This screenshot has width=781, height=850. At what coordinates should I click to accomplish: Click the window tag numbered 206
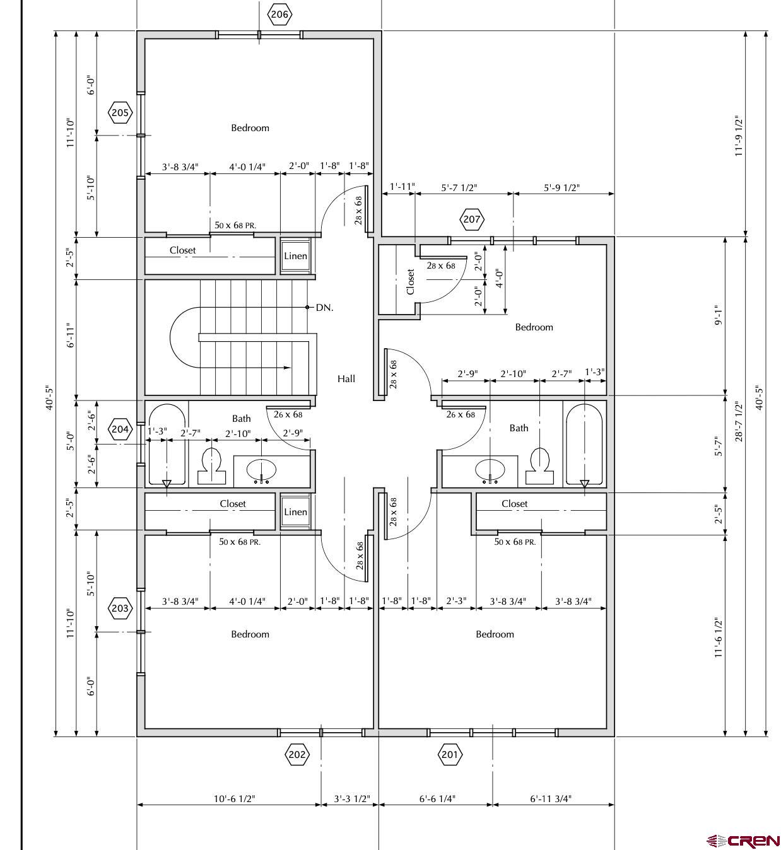pos(279,15)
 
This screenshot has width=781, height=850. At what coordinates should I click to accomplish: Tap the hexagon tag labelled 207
pos(471,219)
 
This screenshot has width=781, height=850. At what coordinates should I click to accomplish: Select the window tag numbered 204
pos(120,429)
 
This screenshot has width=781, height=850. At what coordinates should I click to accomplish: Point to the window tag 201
pos(450,754)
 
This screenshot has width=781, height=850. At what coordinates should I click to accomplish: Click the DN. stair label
pos(324,308)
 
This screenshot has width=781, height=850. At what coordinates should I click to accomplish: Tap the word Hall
pos(346,379)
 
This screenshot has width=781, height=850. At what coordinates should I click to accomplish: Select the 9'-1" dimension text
pos(718,315)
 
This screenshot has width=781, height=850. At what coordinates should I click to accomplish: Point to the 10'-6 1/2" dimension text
pos(235,799)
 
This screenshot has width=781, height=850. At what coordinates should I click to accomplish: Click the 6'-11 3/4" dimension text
pos(551,799)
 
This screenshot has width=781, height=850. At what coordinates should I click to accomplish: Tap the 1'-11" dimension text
pos(402,187)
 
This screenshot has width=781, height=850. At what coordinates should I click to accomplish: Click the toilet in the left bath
pos(211,466)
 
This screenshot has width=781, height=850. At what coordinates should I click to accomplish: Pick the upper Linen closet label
pos(295,256)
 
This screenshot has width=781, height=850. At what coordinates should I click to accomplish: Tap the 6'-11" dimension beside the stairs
pos(71,335)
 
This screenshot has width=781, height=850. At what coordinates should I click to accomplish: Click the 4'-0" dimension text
pos(500,279)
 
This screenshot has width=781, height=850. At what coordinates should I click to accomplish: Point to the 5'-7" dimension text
pos(718,446)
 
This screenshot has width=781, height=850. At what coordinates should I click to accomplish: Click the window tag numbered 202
pos(297,754)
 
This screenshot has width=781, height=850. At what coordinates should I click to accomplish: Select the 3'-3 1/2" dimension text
pos(352,799)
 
